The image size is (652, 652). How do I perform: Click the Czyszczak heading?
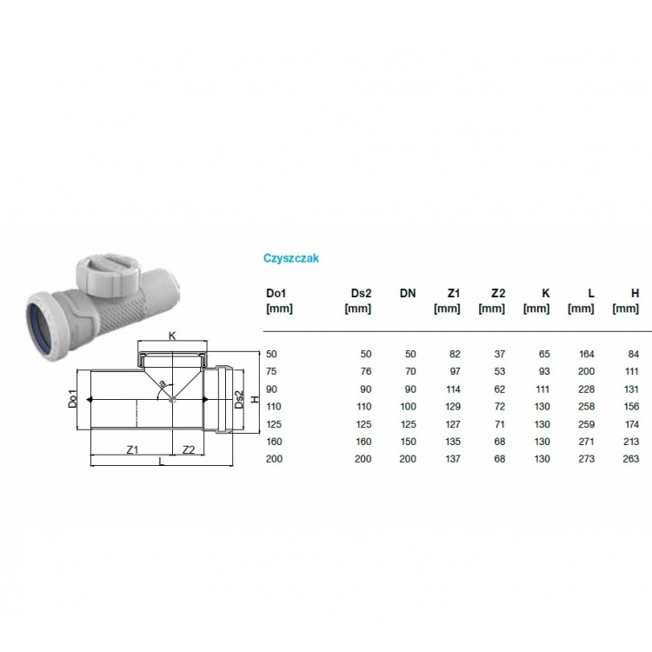pos(291,258)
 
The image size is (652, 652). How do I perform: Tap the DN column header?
pos(408,293)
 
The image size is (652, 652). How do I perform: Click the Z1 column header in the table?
pos(454,293)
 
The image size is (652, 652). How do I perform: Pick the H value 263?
pos(631,459)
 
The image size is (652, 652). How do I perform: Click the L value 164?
pos(587,354)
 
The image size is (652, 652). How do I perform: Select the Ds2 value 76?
pos(366,371)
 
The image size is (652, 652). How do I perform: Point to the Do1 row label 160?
pos(274,441)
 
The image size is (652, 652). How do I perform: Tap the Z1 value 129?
pos(452,406)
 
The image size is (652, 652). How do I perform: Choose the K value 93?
pos(544,371)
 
